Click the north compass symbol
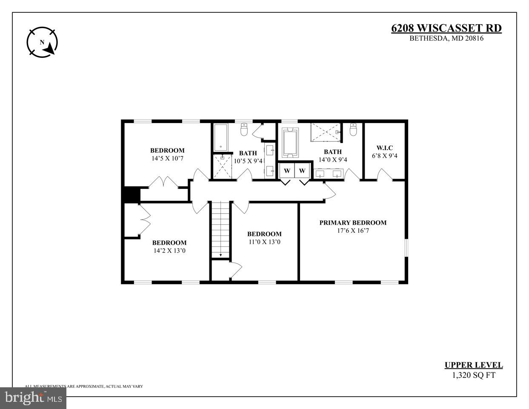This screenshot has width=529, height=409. point(42,43)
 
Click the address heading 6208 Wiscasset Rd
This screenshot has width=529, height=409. point(446,29)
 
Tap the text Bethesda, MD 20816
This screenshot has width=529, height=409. point(446,38)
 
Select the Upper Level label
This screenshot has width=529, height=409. point(473,365)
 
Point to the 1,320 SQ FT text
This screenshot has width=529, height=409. point(473,375)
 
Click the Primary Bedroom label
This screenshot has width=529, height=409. point(353,223)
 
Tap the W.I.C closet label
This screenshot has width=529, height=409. point(384,148)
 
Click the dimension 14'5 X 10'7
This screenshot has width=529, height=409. point(167,158)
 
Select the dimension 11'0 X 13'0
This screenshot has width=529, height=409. point(264,242)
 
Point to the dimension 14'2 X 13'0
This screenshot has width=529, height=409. point(169,251)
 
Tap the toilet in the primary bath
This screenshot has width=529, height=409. point(353,129)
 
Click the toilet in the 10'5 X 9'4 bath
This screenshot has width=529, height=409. point(244,129)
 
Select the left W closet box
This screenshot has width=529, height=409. point(287,171)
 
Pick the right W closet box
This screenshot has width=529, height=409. point(302,171)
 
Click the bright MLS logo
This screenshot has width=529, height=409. point(33,398)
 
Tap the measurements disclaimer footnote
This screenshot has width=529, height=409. point(84,386)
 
